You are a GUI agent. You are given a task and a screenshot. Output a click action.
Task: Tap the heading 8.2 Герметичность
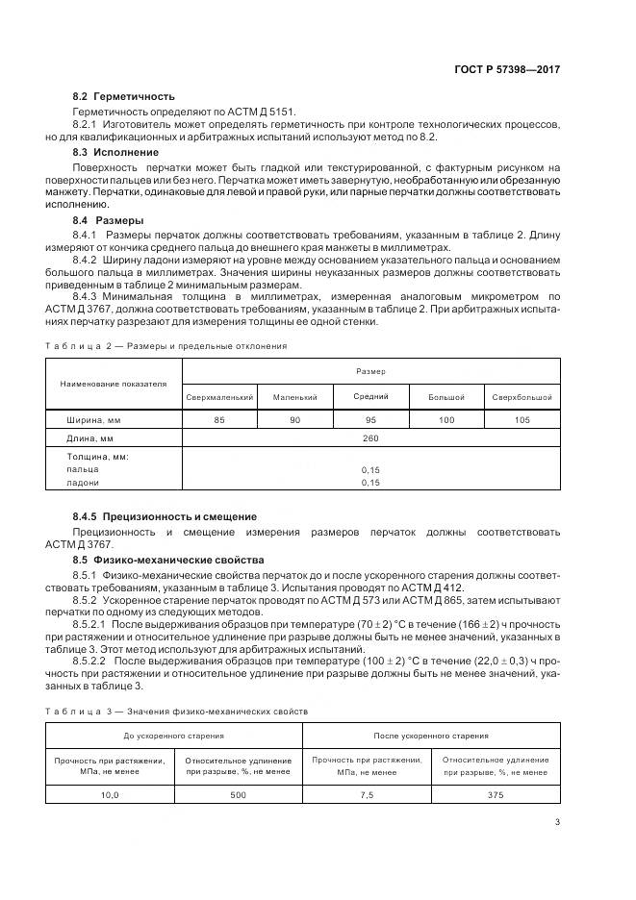(124, 97)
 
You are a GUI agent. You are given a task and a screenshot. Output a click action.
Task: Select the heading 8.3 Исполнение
(116, 152)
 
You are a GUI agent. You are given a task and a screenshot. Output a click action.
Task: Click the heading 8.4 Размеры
(108, 220)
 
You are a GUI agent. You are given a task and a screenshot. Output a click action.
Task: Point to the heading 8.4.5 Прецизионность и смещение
(165, 516)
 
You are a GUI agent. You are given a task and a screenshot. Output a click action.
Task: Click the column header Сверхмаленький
(219, 396)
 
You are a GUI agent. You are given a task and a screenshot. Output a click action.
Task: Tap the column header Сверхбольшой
(522, 396)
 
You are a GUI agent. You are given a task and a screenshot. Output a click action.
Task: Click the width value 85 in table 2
(219, 420)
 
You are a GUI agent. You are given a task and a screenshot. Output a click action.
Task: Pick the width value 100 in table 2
(445, 420)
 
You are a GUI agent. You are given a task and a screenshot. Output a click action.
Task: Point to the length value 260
(370, 438)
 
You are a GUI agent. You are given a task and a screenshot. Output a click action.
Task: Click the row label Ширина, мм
(93, 420)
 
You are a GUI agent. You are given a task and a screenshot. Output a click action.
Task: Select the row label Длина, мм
(90, 438)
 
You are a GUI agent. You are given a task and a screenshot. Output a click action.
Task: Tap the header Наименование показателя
(114, 384)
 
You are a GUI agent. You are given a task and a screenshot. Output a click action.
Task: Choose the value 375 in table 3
(496, 794)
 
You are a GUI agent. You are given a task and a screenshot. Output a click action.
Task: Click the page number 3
(557, 821)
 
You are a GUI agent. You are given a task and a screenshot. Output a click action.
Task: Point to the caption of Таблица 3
(177, 711)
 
